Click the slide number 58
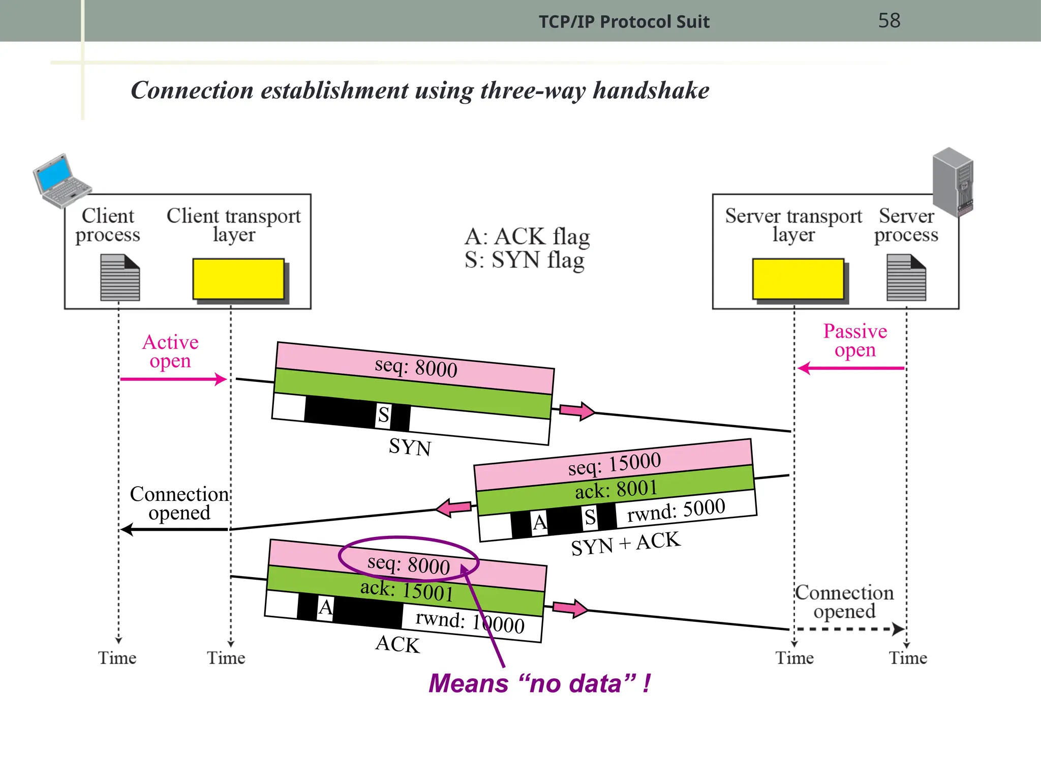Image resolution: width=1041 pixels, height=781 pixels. tap(889, 20)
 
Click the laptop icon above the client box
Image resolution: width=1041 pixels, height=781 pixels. tap(61, 181)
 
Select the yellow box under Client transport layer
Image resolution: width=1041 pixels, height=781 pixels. tap(238, 279)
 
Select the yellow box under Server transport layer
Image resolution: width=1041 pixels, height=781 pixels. tap(798, 279)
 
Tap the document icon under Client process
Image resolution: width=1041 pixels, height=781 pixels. tap(120, 278)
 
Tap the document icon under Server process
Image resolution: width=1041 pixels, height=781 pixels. tap(906, 278)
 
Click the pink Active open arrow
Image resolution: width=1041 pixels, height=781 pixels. tap(173, 379)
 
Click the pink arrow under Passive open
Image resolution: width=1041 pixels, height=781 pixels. tap(851, 368)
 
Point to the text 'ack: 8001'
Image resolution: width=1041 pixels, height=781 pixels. tap(616, 490)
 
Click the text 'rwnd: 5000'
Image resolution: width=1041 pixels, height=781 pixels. tap(676, 510)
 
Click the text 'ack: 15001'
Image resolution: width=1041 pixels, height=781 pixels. tap(407, 590)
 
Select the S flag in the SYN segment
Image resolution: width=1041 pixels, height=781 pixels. tap(384, 415)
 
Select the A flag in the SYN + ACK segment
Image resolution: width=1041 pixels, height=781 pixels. tap(539, 522)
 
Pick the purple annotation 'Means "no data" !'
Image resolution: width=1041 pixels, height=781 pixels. tap(539, 683)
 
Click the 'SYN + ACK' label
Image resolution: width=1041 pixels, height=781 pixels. tap(625, 544)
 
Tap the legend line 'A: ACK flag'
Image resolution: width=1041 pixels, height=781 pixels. tap(527, 236)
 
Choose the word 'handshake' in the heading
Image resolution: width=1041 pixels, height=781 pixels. tap(651, 91)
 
